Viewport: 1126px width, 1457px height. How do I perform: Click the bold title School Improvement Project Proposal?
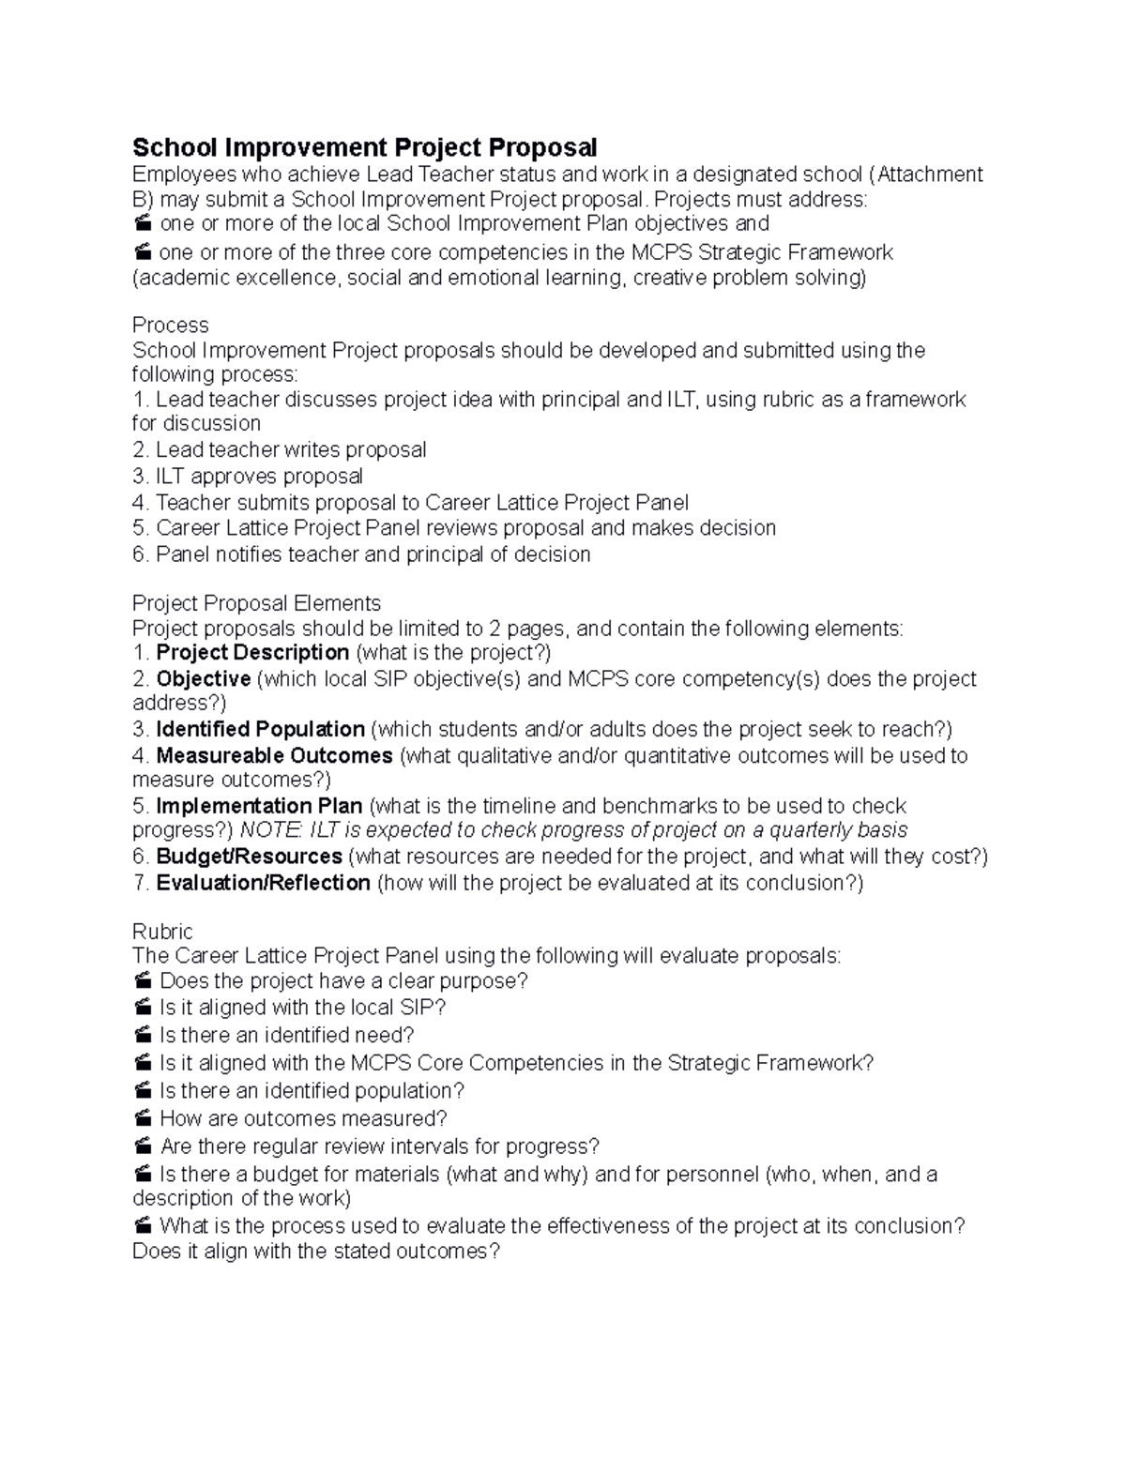click(x=364, y=147)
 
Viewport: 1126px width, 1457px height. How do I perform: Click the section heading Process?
click(x=170, y=326)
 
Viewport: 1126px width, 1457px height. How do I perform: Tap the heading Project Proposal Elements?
click(x=256, y=603)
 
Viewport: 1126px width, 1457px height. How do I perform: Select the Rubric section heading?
click(x=162, y=932)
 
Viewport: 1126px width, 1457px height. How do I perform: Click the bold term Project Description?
click(x=252, y=653)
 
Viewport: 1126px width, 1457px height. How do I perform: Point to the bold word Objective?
click(x=203, y=679)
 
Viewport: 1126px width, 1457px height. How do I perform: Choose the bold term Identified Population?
click(x=260, y=730)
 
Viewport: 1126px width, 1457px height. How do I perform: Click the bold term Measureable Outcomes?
click(x=274, y=756)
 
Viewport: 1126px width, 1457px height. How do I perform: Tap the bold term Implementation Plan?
click(x=259, y=807)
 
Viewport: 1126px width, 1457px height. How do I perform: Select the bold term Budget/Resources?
click(x=249, y=857)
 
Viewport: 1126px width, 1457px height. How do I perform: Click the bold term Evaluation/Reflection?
click(x=263, y=883)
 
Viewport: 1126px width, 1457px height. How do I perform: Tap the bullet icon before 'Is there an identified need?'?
click(x=143, y=1036)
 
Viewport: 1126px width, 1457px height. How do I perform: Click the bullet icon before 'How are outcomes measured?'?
click(x=143, y=1119)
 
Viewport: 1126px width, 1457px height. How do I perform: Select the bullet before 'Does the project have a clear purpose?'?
click(x=143, y=981)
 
